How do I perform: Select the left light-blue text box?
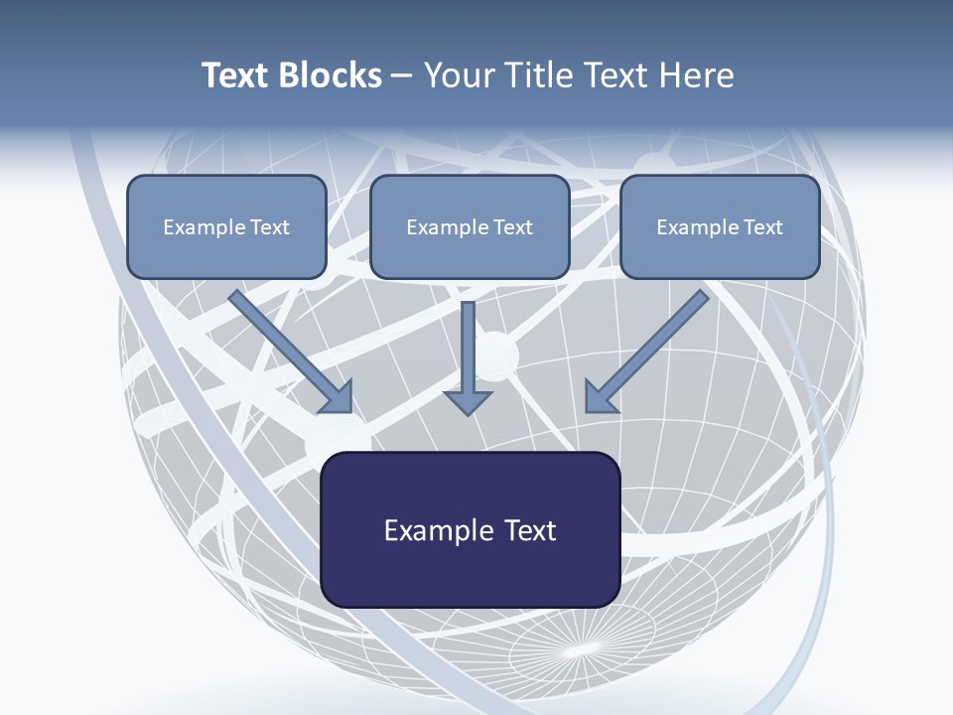point(226,226)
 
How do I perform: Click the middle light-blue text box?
point(470,226)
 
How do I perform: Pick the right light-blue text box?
point(720,226)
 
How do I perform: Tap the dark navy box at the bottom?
point(471,530)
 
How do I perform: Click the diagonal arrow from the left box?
point(288,350)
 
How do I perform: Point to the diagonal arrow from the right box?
point(650,350)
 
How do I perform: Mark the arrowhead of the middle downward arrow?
point(468,401)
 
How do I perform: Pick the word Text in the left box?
point(270,227)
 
